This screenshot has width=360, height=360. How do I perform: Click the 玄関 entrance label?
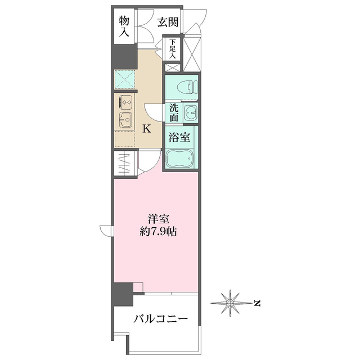tap(168, 22)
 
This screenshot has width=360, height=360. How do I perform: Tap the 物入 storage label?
tap(125, 27)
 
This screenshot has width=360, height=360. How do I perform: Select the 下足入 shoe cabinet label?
tap(172, 49)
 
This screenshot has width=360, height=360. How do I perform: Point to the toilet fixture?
tap(186, 87)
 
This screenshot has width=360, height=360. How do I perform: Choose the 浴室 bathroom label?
tap(179, 136)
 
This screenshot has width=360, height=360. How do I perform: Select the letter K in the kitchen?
tap(146, 129)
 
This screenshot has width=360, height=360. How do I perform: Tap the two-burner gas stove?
tap(125, 102)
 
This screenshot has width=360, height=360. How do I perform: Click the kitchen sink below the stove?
tap(125, 120)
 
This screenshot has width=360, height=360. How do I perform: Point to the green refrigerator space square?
tap(125, 79)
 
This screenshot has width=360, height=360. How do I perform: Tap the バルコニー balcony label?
tap(160, 319)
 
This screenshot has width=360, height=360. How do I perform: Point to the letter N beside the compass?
tap(256, 304)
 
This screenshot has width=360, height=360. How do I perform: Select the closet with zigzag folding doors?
tap(125, 163)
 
